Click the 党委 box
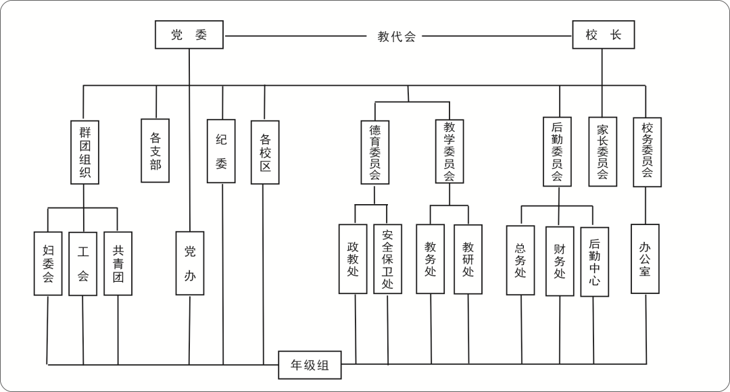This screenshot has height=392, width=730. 189,35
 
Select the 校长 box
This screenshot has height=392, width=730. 604,35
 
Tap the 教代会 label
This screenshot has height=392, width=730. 397,36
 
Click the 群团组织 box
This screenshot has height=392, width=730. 84,152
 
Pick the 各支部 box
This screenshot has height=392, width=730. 155,151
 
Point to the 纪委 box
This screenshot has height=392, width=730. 221,151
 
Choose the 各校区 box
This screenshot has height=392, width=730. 265,152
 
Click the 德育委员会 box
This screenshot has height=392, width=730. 375,152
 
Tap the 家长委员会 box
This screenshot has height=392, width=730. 602,152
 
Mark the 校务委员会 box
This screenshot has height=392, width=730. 647,152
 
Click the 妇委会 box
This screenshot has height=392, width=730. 48,264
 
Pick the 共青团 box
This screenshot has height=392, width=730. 118,264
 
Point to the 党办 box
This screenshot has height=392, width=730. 190,263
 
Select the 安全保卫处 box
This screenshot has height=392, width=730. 388,260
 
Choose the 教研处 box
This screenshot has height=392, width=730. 468,260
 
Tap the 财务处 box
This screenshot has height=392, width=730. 560,261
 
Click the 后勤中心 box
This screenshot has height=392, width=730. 594,262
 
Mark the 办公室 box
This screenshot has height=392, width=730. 645,259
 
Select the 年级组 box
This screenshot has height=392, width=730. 310,366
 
